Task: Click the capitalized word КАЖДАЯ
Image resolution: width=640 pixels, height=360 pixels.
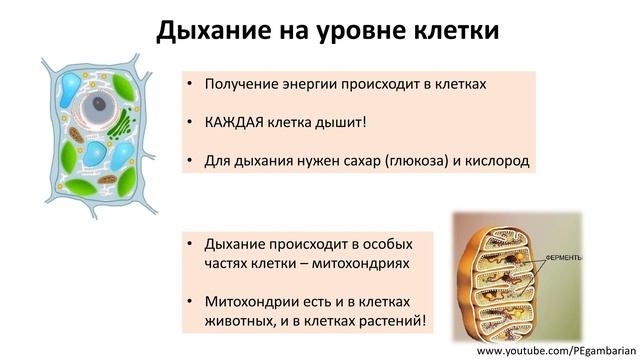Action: click(x=236, y=122)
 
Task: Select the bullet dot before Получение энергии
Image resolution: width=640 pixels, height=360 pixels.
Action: click(x=190, y=84)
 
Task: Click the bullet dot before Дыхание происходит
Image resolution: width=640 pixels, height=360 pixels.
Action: click(x=190, y=244)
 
